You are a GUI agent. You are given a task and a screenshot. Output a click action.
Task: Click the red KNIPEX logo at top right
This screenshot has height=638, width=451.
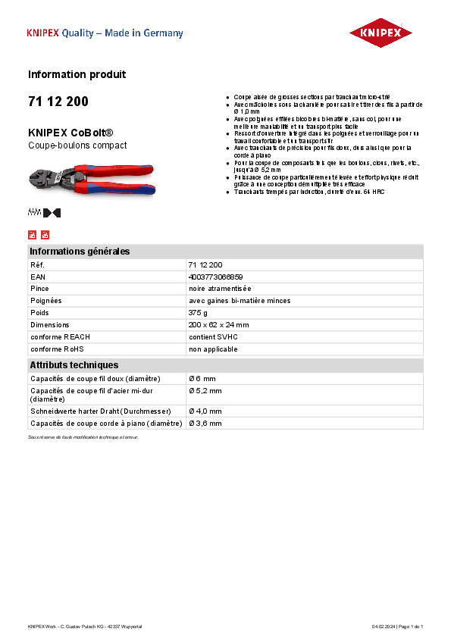pos(381,33)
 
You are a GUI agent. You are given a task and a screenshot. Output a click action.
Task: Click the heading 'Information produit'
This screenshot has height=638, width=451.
pos(77,74)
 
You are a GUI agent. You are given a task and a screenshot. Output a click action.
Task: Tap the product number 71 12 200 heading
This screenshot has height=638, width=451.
pos(58,102)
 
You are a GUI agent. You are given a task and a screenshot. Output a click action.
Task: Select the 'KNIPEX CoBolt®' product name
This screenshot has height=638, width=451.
pos(70,132)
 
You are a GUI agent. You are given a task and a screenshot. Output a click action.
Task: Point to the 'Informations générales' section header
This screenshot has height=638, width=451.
pos(80,252)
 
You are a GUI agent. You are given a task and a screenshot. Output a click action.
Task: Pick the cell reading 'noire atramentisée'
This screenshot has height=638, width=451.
pos(220,289)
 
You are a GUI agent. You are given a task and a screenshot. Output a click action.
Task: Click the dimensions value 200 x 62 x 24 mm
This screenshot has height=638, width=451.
pos(219,325)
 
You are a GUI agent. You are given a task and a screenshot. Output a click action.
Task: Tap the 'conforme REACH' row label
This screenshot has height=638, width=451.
pos(60,337)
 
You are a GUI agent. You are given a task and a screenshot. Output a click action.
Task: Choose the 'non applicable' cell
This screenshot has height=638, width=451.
pos(213,349)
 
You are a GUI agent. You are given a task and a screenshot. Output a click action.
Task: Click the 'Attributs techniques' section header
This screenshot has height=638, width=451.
pos(74,365)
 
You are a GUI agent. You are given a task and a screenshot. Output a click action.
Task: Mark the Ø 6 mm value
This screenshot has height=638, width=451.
pos(202,378)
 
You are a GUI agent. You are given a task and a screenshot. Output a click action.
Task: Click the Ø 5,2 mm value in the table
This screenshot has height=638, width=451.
pos(205,390)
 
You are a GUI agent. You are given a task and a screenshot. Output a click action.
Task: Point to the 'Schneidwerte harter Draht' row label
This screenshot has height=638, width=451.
pos(105,411)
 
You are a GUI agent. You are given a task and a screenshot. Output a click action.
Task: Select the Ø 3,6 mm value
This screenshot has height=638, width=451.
pos(205,424)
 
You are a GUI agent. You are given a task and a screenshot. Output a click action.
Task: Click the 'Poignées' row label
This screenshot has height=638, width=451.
pos(45,301)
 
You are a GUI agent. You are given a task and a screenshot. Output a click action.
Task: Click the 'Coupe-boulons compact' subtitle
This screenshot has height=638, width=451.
pos(77,145)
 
